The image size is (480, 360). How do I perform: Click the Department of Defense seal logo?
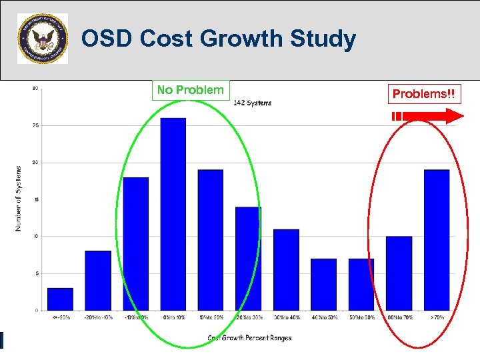[x=42, y=39]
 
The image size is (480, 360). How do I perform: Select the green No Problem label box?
[x=191, y=90]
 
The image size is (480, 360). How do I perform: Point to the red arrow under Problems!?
[x=427, y=117]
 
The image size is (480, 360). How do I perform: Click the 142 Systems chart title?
[x=252, y=103]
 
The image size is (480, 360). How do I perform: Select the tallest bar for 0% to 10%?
[x=173, y=213]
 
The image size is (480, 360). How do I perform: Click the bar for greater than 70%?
[x=437, y=240]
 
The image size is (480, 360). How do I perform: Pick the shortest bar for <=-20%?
[x=60, y=299]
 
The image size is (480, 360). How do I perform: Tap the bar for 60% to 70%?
[x=399, y=273]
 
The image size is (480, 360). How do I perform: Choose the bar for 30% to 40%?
[x=286, y=269]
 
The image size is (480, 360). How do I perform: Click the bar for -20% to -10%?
[x=97, y=280]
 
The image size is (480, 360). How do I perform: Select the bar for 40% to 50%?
[x=323, y=284]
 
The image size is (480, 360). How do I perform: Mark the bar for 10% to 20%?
[x=211, y=240]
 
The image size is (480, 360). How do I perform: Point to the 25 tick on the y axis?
[x=35, y=125]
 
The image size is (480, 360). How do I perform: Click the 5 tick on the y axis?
[x=35, y=273]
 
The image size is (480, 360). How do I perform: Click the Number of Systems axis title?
[x=18, y=199]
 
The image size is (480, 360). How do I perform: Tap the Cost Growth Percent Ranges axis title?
[x=249, y=338]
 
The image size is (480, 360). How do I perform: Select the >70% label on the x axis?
[x=437, y=317]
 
